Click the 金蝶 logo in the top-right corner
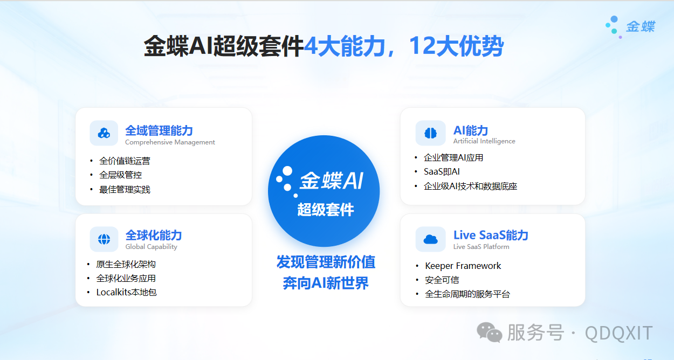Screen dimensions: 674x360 [x=630, y=27]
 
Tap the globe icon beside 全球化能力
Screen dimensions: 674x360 [x=104, y=239]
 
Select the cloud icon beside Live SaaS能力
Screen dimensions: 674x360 [x=431, y=239]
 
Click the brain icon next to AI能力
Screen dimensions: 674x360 [x=431, y=133]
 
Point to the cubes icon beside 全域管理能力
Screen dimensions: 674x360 [x=104, y=133]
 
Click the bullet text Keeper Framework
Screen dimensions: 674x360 [x=463, y=266]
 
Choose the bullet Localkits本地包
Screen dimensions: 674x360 [x=126, y=292]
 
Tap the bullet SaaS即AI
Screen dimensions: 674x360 [x=442, y=172]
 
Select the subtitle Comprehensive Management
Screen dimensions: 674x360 [x=170, y=142]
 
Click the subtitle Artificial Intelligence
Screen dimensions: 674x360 [x=484, y=141]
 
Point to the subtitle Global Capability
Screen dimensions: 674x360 [x=152, y=247]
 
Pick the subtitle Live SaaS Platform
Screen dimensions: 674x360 [x=481, y=247]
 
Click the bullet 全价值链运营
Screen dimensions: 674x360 [x=125, y=161]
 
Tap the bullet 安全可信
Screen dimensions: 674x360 [x=442, y=280]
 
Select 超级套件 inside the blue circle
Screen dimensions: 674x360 [x=325, y=210]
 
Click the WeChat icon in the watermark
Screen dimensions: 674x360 [x=490, y=333]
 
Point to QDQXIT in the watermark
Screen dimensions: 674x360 [x=618, y=333]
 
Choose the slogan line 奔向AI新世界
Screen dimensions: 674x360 [x=326, y=283]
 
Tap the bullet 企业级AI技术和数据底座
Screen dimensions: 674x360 [x=470, y=186]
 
